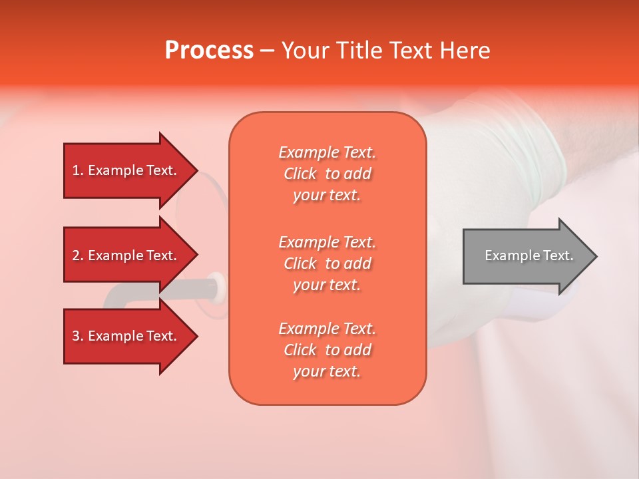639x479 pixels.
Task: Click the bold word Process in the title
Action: tap(209, 51)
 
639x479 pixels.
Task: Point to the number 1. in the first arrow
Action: tap(78, 170)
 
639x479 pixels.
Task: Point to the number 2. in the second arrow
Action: tap(78, 255)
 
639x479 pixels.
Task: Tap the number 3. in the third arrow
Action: tap(78, 336)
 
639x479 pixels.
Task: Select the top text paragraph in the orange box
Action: tap(327, 174)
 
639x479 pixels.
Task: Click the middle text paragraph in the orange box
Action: tap(327, 263)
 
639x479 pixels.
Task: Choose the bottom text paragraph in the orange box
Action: tap(327, 350)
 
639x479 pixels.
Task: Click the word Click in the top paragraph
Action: tap(300, 174)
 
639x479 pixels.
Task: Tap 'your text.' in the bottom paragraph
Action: tap(327, 372)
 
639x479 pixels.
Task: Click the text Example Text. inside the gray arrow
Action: tap(529, 255)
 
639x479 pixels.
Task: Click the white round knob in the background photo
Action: tap(217, 286)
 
